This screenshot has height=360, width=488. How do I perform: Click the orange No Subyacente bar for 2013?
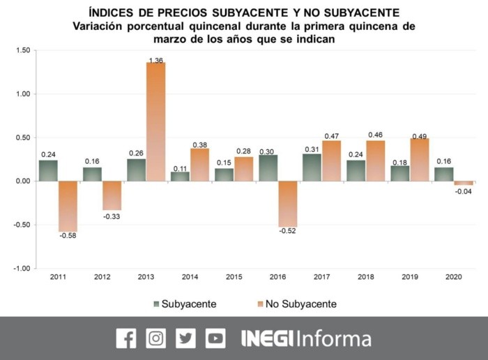click(155, 122)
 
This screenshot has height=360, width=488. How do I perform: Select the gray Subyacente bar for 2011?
click(48, 171)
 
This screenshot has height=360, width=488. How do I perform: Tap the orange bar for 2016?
click(288, 204)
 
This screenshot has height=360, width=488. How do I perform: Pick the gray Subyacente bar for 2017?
click(312, 167)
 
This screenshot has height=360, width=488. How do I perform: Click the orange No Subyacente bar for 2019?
click(420, 160)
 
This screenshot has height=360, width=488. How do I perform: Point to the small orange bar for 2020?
click(463, 183)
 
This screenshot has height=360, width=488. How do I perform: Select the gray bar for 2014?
click(180, 177)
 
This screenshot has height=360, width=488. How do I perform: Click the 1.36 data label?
click(155, 61)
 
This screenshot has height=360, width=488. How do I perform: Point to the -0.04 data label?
click(463, 191)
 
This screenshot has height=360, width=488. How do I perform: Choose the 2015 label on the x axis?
click(234, 277)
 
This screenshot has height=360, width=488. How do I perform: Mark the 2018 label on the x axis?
click(366, 277)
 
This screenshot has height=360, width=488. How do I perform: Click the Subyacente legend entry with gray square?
click(185, 304)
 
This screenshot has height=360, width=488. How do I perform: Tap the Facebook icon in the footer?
click(126, 338)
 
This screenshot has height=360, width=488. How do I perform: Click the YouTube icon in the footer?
click(215, 338)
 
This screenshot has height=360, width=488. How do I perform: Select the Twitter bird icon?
click(185, 338)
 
